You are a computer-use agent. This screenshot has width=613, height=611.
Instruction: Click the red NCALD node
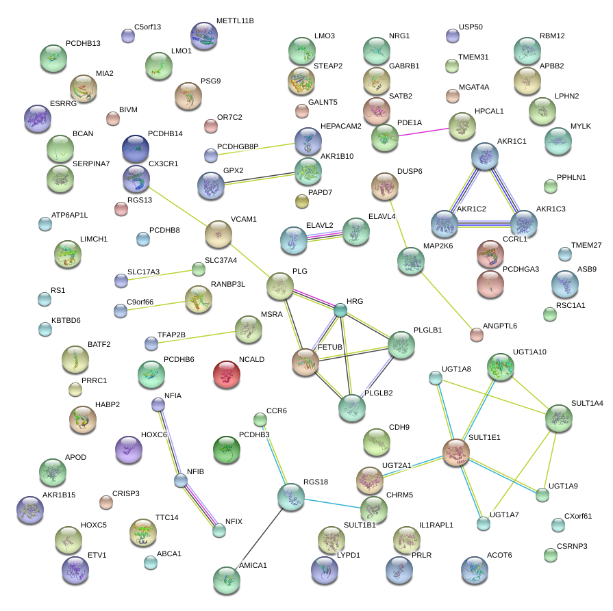227,374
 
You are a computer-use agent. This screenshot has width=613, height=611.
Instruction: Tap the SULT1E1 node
455,452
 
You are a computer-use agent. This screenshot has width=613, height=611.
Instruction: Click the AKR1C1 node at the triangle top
488,157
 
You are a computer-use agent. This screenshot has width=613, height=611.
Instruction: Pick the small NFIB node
181,481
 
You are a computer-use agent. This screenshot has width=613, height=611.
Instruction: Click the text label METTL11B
234,21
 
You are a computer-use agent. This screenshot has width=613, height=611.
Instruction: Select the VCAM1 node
218,234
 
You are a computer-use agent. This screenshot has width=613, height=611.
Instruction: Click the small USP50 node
452,36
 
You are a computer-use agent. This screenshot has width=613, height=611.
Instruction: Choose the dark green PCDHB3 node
227,450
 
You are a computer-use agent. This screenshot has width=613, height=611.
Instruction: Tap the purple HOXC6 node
128,450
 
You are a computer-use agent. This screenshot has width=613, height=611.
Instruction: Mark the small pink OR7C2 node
210,126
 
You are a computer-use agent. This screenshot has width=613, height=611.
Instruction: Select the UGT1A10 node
501,367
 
